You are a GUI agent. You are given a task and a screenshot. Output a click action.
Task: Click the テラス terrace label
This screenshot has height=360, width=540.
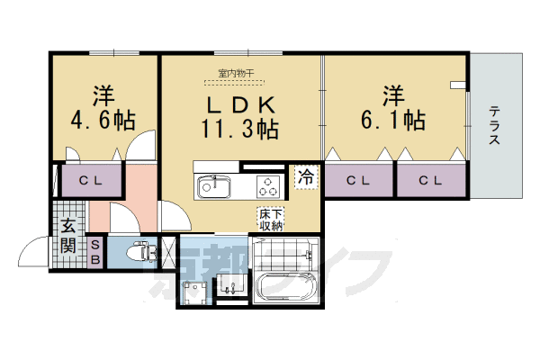click(x=496, y=125)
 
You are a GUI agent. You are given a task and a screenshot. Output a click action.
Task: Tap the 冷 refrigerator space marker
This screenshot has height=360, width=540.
click(x=306, y=177)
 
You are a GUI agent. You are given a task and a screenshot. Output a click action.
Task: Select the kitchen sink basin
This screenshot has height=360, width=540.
click(x=214, y=187)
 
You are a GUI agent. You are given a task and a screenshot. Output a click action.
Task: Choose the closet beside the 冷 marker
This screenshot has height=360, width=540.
click(x=359, y=180)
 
